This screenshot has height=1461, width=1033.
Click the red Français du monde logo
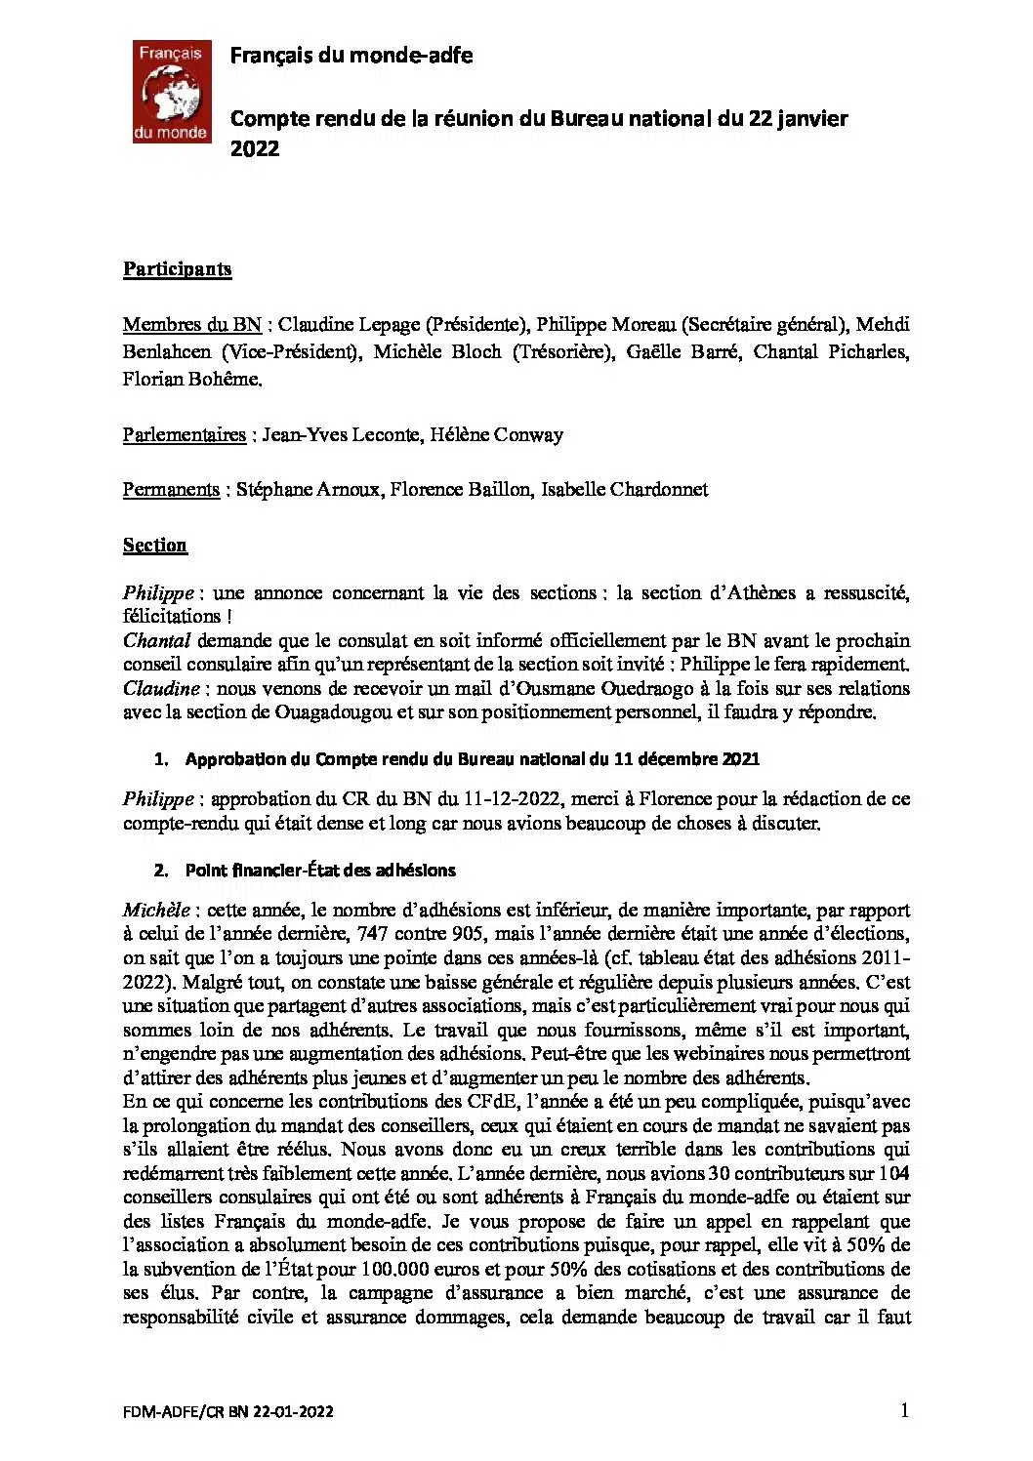[x=172, y=92]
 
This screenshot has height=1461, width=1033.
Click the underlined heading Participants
[x=177, y=269]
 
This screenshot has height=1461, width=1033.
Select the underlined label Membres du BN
[x=191, y=325]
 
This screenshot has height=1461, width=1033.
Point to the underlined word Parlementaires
[x=184, y=434]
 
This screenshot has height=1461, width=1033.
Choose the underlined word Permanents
[x=171, y=489]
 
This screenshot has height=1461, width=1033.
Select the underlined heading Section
[x=154, y=545]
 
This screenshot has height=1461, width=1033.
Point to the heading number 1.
[x=161, y=759]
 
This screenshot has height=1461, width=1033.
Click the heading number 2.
[x=161, y=871]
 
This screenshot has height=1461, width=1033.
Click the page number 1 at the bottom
[x=904, y=1409]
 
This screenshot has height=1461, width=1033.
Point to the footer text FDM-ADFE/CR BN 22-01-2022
[x=228, y=1411]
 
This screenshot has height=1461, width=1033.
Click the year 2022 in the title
[x=255, y=148]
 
